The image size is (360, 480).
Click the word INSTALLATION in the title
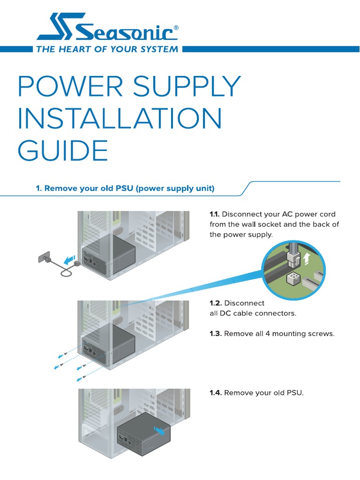click(x=120, y=119)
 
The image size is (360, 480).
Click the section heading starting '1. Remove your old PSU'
click(x=125, y=188)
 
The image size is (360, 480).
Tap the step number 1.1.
click(x=215, y=214)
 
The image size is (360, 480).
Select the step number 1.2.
click(x=215, y=303)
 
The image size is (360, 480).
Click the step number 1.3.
click(x=216, y=334)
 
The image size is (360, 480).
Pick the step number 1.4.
click(x=216, y=393)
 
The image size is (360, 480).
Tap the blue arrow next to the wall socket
click(x=69, y=259)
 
